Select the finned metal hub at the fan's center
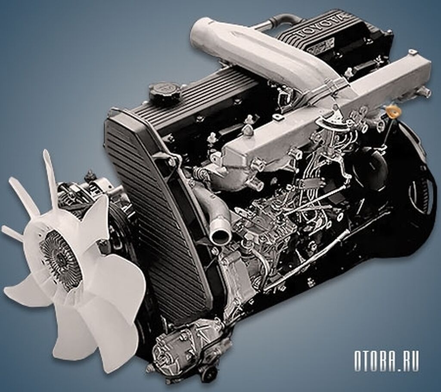pyautogui.click(x=60, y=257)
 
